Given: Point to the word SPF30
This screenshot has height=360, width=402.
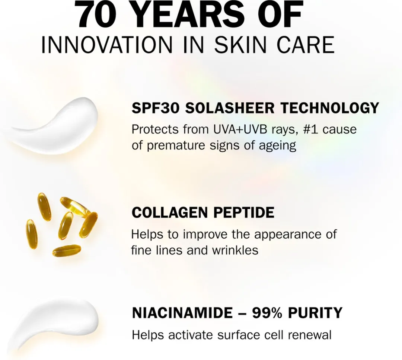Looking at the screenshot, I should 156,108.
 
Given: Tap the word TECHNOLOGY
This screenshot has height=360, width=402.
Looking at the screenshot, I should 329,108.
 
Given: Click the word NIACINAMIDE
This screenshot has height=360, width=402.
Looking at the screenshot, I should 181,313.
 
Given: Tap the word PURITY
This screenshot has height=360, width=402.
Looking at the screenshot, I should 315,313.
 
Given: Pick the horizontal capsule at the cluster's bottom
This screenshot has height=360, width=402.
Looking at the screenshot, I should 67,250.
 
